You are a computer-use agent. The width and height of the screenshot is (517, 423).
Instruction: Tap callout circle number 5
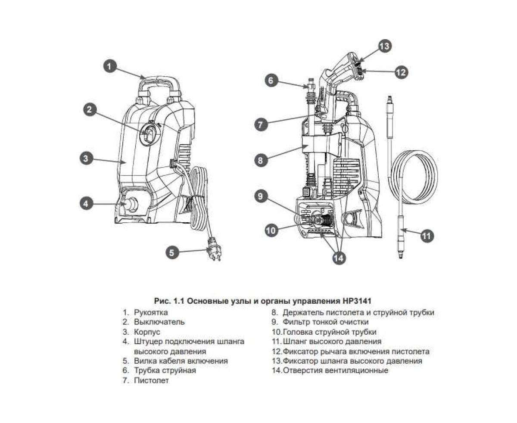tap(173, 252)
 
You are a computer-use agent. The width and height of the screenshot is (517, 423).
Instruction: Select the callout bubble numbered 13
tap(384, 47)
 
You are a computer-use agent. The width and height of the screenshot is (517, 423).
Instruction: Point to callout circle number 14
tap(338, 258)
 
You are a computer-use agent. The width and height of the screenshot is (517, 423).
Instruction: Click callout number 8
tap(261, 160)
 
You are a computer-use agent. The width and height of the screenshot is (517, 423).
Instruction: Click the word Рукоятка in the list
tap(151, 312)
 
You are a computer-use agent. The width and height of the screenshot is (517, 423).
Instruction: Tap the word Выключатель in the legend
tap(159, 322)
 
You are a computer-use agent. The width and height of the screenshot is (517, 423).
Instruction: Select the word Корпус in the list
tap(147, 332)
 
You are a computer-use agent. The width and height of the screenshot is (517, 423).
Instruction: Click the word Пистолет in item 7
tap(151, 381)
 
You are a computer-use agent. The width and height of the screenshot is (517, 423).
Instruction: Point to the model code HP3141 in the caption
tap(356, 301)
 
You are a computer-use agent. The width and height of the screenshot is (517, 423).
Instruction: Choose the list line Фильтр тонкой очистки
tap(325, 322)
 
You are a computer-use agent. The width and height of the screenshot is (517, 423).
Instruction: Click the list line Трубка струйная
tap(165, 370)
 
